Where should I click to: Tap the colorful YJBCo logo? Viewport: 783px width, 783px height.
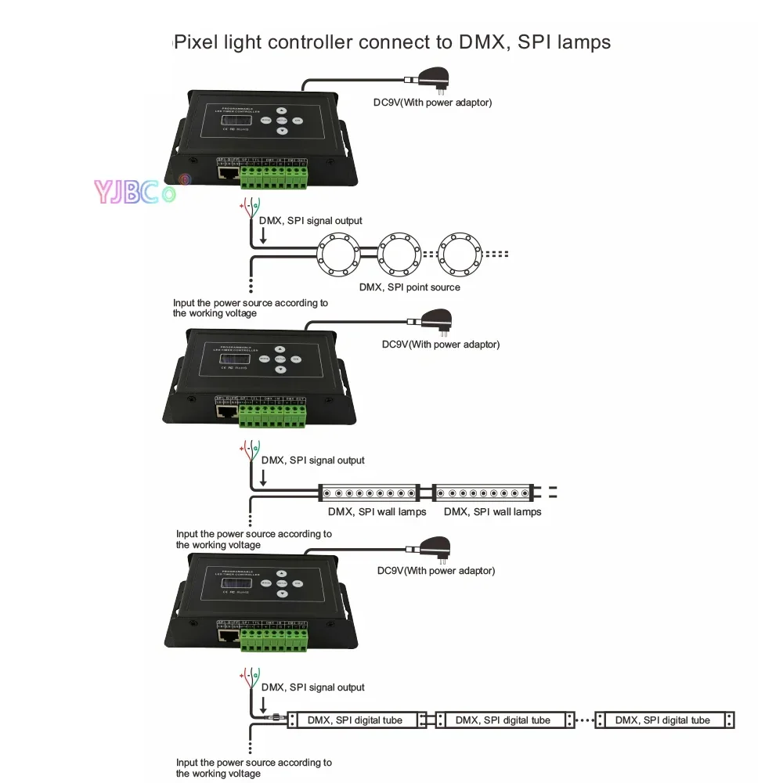pos(133,190)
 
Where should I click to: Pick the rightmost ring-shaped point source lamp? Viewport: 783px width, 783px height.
pos(462,254)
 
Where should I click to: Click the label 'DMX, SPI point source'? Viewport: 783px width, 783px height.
pos(410,287)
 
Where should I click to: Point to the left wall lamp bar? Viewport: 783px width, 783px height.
pos(369,493)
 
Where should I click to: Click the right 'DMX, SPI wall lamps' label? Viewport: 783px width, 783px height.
pos(493,511)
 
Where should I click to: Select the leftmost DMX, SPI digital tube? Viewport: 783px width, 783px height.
pos(352,720)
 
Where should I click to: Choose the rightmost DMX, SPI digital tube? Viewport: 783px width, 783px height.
pos(664,720)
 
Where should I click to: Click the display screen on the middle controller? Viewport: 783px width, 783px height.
pos(233,359)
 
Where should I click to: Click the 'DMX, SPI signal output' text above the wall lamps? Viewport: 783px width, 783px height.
pos(312,460)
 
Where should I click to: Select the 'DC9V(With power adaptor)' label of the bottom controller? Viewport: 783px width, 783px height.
pos(435,571)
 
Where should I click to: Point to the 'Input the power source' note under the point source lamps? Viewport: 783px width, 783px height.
pos(251,308)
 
